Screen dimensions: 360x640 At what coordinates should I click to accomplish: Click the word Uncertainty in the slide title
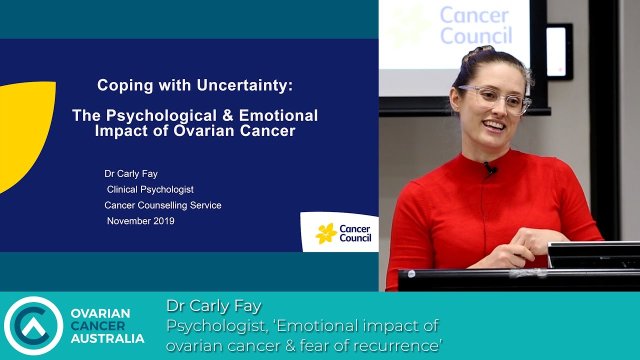[x=244, y=85]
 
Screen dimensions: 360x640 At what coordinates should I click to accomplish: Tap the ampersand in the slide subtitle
[x=228, y=115]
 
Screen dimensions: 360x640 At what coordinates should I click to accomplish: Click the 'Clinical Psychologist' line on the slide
[x=150, y=189]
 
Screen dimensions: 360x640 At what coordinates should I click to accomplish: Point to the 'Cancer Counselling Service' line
[x=163, y=205]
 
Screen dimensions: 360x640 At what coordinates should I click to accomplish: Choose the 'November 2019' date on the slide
[x=140, y=220]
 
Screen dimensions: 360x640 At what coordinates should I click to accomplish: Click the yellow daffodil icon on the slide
[x=326, y=233]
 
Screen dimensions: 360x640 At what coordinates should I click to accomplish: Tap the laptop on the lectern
[x=593, y=255]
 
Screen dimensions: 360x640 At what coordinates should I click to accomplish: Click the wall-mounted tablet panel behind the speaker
[x=559, y=51]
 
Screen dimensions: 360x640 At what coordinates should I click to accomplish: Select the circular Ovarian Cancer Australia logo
[x=33, y=325]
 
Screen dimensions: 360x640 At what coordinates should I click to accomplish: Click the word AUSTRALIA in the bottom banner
[x=107, y=338]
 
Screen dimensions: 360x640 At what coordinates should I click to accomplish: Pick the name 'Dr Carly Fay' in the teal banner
[x=213, y=305]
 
